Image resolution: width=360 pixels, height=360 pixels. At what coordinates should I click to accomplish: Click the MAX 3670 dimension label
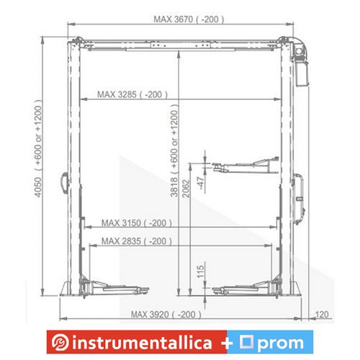coord(189,19)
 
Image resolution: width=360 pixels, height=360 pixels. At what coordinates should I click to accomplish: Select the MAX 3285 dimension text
coord(132,94)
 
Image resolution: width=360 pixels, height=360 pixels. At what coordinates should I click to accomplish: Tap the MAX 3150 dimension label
coord(137,223)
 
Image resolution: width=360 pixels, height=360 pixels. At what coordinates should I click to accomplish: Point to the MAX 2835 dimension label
coord(137,241)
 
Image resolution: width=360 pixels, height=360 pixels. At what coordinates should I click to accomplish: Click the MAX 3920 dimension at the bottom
coord(166,315)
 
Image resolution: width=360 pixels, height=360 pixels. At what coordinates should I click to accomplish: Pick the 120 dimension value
coord(322,315)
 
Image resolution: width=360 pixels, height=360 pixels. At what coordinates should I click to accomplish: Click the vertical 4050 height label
coord(38,187)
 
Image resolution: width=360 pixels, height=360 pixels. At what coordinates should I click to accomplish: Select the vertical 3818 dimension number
coord(174,187)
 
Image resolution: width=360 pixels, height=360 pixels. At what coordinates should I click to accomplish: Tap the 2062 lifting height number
coord(186,189)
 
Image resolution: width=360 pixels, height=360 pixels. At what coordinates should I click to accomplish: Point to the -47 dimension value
coord(201,183)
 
